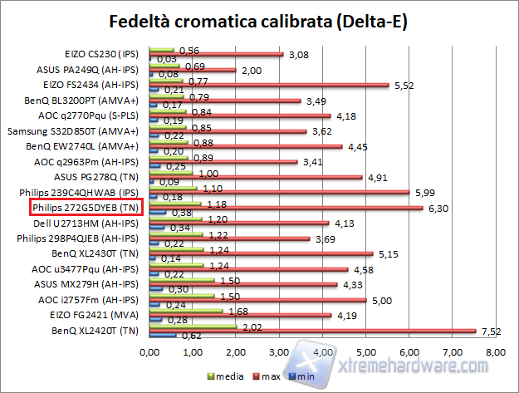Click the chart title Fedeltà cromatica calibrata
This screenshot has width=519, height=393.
coord(259,19)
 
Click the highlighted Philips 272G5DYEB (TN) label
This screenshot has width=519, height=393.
coord(86,207)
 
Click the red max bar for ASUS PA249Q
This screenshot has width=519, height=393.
coord(193,71)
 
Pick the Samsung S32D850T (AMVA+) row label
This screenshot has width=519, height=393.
coord(89,130)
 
